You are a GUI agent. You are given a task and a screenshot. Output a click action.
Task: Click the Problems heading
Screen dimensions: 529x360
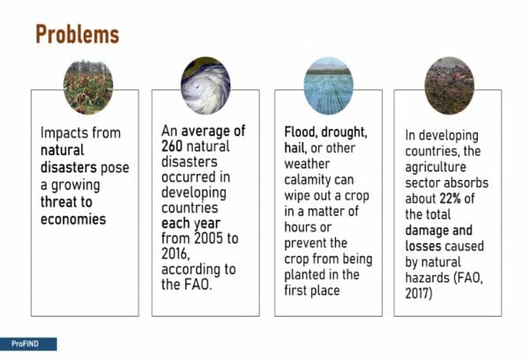pos(78,34)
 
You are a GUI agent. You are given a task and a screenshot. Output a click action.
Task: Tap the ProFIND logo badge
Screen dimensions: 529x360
pos(28,344)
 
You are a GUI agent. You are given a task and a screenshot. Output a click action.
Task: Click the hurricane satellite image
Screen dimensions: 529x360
pos(205,86)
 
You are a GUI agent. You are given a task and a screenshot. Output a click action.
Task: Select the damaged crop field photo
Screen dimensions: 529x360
pos(88,87)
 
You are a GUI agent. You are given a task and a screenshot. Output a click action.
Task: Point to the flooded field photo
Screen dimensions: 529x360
pos(329,86)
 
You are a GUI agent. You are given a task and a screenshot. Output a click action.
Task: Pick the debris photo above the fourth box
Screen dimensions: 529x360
pos(449,86)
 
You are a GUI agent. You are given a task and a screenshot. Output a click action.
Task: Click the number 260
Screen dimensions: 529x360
pos(172,146)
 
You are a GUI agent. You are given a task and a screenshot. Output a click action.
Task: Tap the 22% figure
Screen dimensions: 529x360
pos(450,199)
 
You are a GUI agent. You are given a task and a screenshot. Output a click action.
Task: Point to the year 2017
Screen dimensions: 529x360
pos(419,293)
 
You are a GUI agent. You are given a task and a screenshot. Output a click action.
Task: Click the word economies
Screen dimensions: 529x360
pos(73,220)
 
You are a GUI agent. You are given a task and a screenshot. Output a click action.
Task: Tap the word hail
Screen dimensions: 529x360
pos(294,148)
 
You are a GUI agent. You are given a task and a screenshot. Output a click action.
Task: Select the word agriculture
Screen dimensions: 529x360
pos(436,168)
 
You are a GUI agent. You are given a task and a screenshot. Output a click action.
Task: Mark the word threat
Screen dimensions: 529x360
pos(57,202)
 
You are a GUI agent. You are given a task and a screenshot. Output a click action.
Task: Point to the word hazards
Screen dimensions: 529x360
pos(428,278)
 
